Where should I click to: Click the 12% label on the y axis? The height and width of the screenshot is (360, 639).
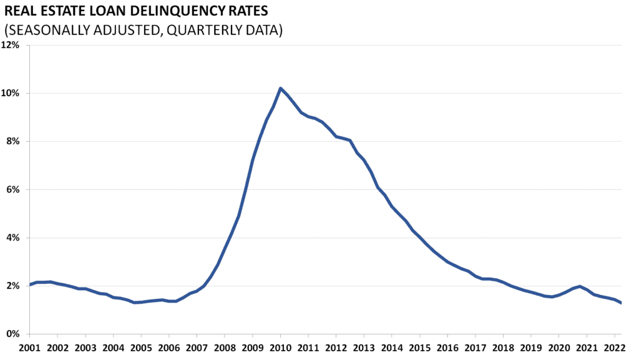coord(12,46)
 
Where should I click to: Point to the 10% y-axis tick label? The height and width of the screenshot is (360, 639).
coord(12,94)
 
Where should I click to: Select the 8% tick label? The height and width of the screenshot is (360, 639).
coord(14,142)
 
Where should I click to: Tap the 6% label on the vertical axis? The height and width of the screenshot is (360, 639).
coord(14,190)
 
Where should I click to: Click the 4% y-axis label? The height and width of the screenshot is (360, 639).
coord(14,238)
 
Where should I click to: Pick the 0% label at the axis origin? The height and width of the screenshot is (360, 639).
coord(14,334)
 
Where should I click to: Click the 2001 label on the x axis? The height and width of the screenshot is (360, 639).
coord(29,347)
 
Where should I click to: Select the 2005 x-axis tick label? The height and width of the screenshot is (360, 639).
coord(141,347)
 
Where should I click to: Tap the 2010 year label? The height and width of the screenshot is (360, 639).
coord(281,347)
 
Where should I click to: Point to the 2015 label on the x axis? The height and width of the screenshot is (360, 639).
coord(420,347)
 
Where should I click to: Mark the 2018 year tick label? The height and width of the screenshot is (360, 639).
coord(504,347)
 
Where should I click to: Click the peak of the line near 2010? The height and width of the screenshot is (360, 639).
coord(281,88)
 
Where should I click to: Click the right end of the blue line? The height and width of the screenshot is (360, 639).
coord(621,303)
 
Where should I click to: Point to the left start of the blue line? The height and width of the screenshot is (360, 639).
coord(29,285)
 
